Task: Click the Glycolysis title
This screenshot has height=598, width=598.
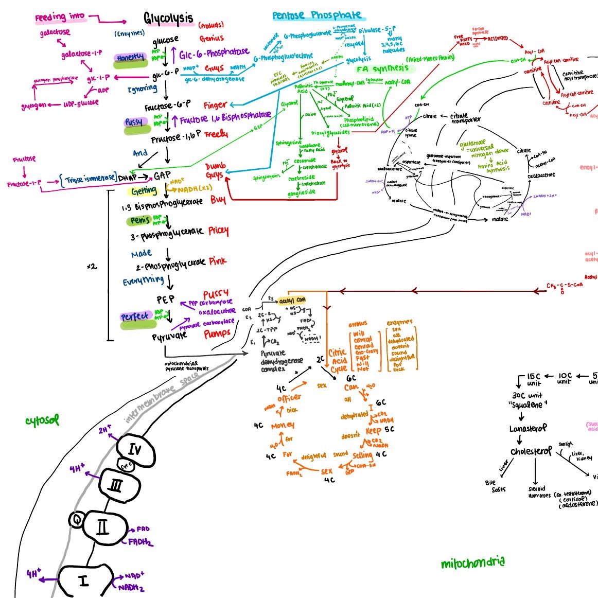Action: tap(168, 20)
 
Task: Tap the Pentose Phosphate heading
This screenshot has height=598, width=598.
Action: tap(316, 15)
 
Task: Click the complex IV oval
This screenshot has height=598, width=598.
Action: tap(135, 450)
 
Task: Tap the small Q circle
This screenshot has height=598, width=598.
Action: tap(76, 520)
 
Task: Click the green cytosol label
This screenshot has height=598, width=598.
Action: tap(42, 420)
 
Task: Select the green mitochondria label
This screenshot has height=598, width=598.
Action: tap(472, 563)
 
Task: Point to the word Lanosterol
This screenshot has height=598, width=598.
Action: tap(527, 429)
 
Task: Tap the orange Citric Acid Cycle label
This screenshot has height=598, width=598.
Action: tap(338, 361)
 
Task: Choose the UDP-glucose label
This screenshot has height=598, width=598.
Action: tap(81, 103)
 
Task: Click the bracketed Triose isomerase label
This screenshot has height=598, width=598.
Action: tap(89, 178)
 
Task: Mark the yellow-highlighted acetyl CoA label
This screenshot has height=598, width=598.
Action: tap(292, 300)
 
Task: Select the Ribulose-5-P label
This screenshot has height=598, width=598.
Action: tap(377, 30)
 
